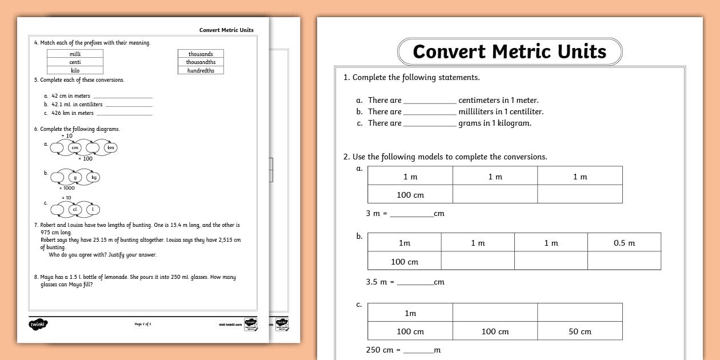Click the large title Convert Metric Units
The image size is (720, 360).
coord(509,51)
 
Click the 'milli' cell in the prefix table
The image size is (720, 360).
coord(75,54)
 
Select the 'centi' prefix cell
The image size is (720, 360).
coord(75,62)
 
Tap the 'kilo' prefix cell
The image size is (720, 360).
coord(75,70)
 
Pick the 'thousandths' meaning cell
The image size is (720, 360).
coord(201,62)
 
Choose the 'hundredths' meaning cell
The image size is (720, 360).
coord(201,70)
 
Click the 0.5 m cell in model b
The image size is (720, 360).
coord(624,243)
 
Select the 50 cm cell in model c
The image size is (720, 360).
coord(579,331)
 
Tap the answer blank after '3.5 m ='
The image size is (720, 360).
coord(415,283)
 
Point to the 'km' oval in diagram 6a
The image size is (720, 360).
coord(111,147)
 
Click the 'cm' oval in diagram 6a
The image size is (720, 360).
coord(75,147)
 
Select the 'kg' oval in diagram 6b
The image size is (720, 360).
coord(94,177)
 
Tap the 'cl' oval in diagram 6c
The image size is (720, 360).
coord(74,209)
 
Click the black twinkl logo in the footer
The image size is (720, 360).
coord(38,325)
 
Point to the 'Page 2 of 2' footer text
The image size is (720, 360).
coord(143,324)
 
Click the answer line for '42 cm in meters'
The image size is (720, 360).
coord(122,97)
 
